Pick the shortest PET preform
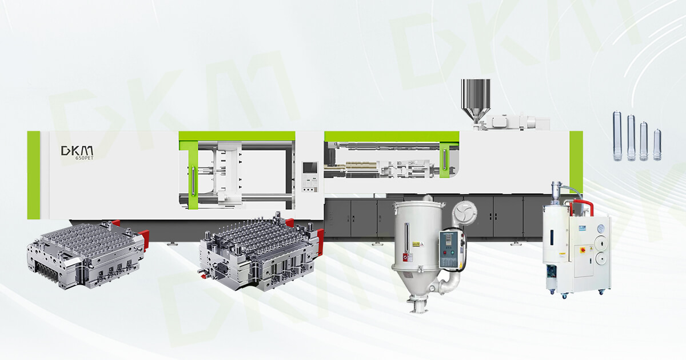click(x=656, y=146)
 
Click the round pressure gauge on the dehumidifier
click(x=600, y=229)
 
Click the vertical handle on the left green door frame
click(x=193, y=181)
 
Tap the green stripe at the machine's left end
click(x=34, y=174)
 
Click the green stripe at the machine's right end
click(x=576, y=163)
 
